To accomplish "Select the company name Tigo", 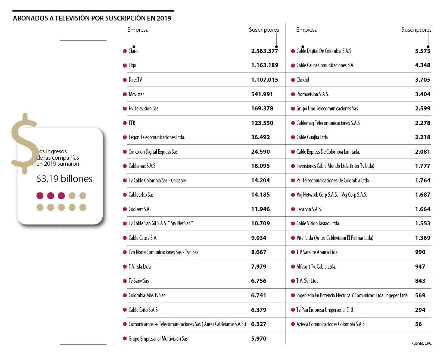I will (x=132, y=65).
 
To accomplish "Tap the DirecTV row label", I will (x=135, y=80).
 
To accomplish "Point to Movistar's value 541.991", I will (x=262, y=94).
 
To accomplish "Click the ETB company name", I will (x=132, y=123).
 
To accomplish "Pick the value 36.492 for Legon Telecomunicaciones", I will (x=261, y=137).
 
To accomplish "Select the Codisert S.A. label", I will (x=139, y=209).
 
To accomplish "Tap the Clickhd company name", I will (x=303, y=80).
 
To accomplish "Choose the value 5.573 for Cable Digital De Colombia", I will (x=423, y=51).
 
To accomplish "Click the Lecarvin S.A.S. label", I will (x=309, y=209).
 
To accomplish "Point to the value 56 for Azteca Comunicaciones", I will (x=419, y=324).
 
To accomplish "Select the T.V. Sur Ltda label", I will (x=307, y=281).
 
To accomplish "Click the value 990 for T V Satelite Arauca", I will (x=420, y=252).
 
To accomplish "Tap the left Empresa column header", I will (x=138, y=30).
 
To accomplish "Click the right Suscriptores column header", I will (x=416, y=30).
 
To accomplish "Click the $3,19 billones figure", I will (x=65, y=179).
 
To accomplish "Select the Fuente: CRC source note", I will (x=421, y=343).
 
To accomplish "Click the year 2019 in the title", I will (x=164, y=18).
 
